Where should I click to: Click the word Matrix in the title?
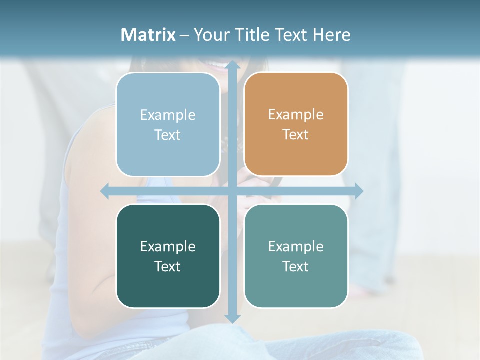coord(148,35)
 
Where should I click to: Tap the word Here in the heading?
coord(331,35)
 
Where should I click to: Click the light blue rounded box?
coord(168,124)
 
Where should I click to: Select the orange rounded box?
coord(296,124)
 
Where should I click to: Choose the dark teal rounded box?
coord(168,256)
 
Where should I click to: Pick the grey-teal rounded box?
coord(296,256)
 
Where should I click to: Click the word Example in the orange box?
coord(296,115)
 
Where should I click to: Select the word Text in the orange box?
coord(296,134)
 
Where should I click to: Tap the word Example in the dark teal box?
coord(168,246)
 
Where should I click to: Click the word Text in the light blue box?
coord(168,135)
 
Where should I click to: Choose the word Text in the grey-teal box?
coord(296,266)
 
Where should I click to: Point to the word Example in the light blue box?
coord(168,115)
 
